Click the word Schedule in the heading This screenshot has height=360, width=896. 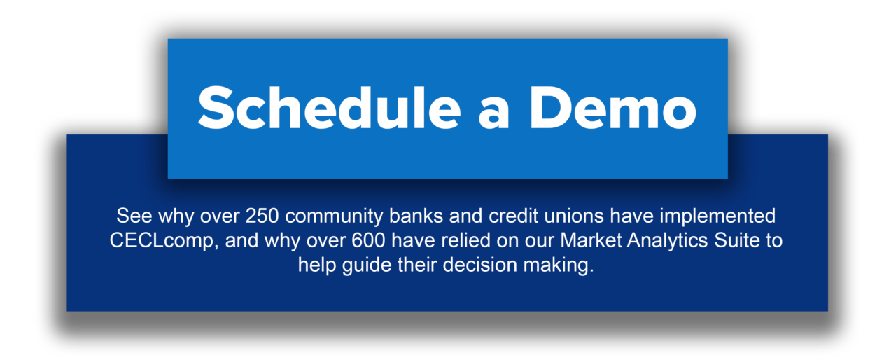click(329, 108)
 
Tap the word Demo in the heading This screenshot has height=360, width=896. click(613, 108)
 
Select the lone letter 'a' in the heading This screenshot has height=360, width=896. click(494, 113)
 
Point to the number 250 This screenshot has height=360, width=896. click(262, 216)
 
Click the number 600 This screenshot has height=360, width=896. click(368, 240)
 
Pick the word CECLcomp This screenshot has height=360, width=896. click(164, 241)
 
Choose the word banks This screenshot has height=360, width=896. click(416, 216)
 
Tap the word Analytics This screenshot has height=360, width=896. click(668, 241)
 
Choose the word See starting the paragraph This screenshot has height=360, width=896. click(134, 216)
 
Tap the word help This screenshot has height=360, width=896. click(317, 265)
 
